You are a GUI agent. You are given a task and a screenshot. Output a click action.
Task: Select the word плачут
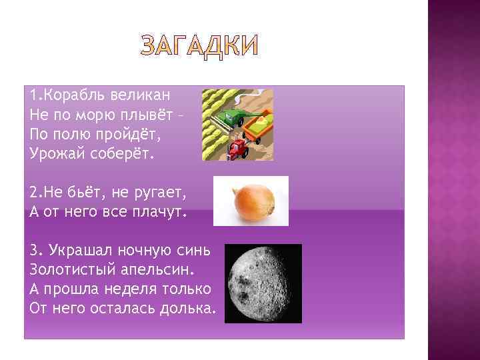(159, 213)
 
